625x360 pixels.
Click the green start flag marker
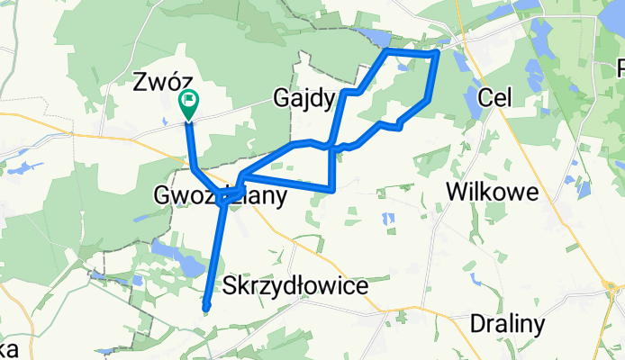coord(190,103)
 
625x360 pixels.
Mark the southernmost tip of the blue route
coord(206,309)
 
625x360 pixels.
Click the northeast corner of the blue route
coord(437,54)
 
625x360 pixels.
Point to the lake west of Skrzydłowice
coord(179,261)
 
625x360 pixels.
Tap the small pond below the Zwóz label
coord(164,121)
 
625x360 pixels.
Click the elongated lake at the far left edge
coord(22,167)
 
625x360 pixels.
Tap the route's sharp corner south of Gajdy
coord(334,189)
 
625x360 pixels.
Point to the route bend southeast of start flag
coord(195,168)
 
